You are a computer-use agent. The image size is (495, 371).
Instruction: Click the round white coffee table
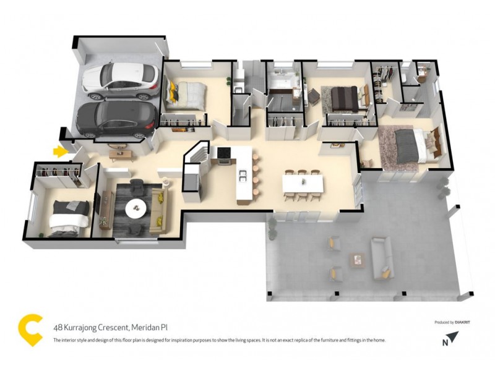click(x=137, y=209)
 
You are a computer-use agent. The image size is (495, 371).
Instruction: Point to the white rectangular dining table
click(x=303, y=184)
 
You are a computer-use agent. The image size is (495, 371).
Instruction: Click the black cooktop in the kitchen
click(x=221, y=153)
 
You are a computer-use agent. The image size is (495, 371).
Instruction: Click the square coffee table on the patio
click(x=357, y=258)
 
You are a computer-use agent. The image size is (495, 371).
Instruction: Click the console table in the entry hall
click(x=118, y=151)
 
